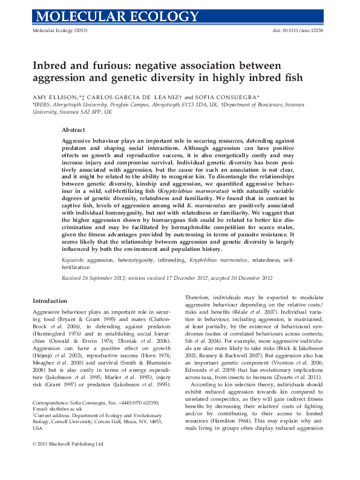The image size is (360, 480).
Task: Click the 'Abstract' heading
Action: (x=74, y=129)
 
